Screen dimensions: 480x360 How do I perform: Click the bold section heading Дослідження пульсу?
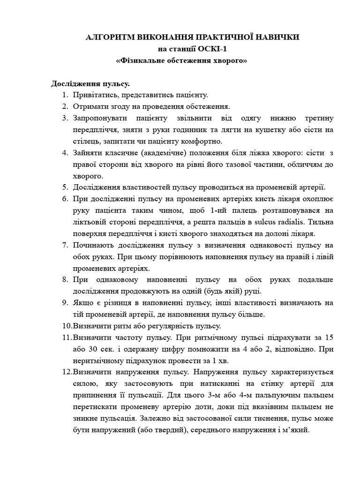click(90, 84)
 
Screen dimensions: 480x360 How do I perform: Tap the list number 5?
click(65, 187)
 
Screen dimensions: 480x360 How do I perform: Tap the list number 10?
click(66, 326)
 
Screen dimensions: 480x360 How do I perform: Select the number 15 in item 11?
click(329, 337)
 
